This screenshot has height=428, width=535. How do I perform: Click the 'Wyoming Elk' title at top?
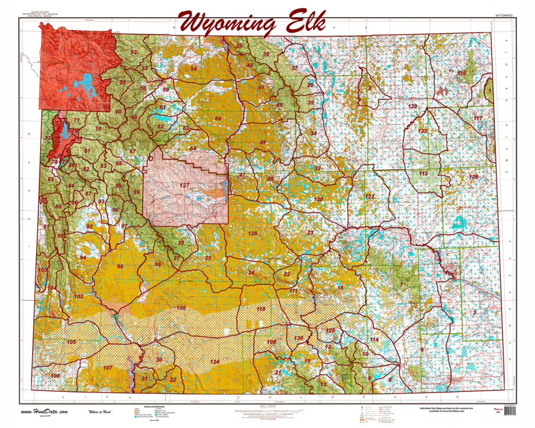coord(252,22)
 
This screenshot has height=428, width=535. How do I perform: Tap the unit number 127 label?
coord(184,186)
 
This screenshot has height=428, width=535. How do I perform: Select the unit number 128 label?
coord(253,233)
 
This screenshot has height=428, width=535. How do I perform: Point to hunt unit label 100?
coord(181,308)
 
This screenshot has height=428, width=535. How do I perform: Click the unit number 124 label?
coord(215,362)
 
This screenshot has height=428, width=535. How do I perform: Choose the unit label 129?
coord(413,107)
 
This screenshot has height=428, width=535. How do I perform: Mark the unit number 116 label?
coord(462,73)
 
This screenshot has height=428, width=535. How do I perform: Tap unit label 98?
coord(120,267)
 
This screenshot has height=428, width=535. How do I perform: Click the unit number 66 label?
coord(218,119)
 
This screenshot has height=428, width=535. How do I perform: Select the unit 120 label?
coord(318,199)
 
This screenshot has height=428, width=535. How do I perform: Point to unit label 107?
coord(108,368)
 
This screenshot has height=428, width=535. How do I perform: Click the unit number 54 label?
coord(193,68)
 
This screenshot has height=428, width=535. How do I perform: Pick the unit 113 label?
coord(423,173)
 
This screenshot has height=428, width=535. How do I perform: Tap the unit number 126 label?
coord(473,177)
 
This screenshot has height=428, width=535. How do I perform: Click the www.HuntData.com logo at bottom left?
coord(44,412)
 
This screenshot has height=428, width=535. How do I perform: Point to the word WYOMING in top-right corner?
coord(503,16)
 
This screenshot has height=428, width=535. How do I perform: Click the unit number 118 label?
coord(261,309)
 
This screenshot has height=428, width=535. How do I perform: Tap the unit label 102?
coord(78,296)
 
